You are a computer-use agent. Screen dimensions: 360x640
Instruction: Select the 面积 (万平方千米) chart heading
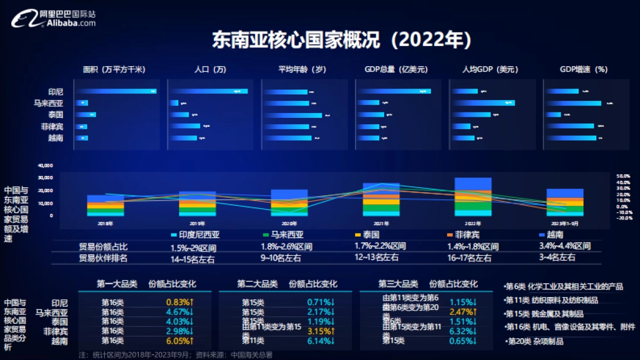tap(114, 70)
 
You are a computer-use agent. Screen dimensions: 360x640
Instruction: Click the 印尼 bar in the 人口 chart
tap(209, 91)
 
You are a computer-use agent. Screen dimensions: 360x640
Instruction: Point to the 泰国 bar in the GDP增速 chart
tap(553, 115)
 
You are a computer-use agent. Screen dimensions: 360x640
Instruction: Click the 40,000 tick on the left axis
tap(45, 165)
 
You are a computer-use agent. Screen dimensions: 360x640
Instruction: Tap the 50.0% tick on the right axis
tap(624, 175)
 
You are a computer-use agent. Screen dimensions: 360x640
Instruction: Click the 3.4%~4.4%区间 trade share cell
tap(565, 246)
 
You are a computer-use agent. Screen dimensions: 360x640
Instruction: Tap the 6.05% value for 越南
tap(180, 341)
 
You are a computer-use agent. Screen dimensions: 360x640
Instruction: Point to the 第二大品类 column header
tap(258, 284)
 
